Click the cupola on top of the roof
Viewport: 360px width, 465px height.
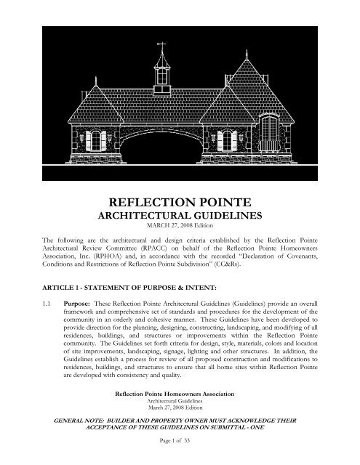161,72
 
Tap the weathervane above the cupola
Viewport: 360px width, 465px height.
161,48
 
